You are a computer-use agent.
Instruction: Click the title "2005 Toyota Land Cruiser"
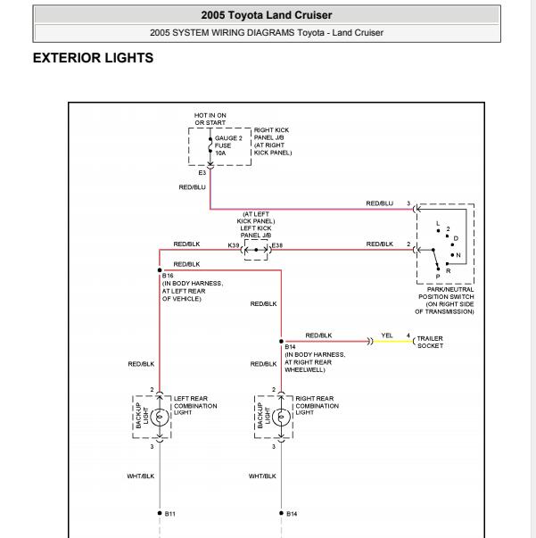coord(267,15)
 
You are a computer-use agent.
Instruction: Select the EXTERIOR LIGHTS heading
coord(93,58)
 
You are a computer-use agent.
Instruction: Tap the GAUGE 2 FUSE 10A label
coord(228,145)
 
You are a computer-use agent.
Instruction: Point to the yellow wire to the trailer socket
coord(392,342)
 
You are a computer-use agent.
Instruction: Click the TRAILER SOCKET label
coord(430,342)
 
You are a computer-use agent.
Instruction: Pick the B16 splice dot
coord(160,270)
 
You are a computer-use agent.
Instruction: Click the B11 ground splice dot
coord(160,513)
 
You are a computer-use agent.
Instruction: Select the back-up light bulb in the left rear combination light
coord(160,417)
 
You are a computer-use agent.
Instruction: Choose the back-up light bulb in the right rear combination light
coord(281,417)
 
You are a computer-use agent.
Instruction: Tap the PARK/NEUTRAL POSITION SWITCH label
coord(445,301)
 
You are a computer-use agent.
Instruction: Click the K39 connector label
coord(234,245)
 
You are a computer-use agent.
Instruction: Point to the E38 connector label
coord(277,245)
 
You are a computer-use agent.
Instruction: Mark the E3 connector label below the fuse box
coord(202,172)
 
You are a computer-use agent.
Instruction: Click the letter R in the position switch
coord(448,271)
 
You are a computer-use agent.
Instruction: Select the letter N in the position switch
coord(458,255)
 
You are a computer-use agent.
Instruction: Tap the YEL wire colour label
coord(387,335)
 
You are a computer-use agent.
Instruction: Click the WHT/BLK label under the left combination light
coord(141,476)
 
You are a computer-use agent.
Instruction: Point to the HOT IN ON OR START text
coord(210,119)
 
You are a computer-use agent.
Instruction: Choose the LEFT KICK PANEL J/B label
coord(256,232)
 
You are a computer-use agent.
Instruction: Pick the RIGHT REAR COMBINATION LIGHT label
coord(317,406)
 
